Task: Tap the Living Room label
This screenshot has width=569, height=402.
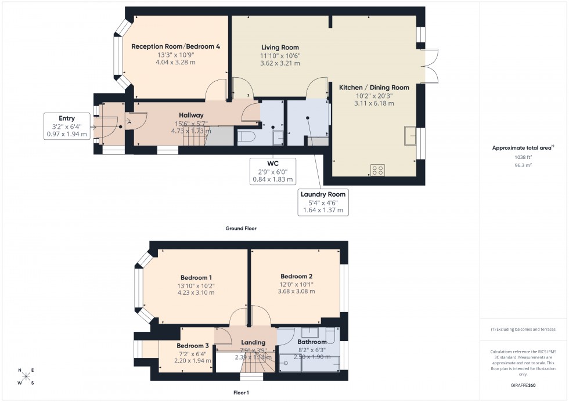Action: coord(280,48)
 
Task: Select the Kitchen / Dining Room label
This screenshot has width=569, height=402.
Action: coord(374,88)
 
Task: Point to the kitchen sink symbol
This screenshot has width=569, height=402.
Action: coord(410,135)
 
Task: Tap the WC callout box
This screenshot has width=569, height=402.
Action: coord(272,171)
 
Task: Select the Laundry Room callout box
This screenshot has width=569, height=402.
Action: coord(323,201)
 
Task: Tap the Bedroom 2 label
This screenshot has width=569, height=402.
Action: coord(296,276)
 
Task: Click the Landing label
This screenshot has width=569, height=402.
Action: coord(253,342)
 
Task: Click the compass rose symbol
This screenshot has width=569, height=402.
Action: coord(26,376)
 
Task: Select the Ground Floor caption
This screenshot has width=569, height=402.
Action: coord(240,229)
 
